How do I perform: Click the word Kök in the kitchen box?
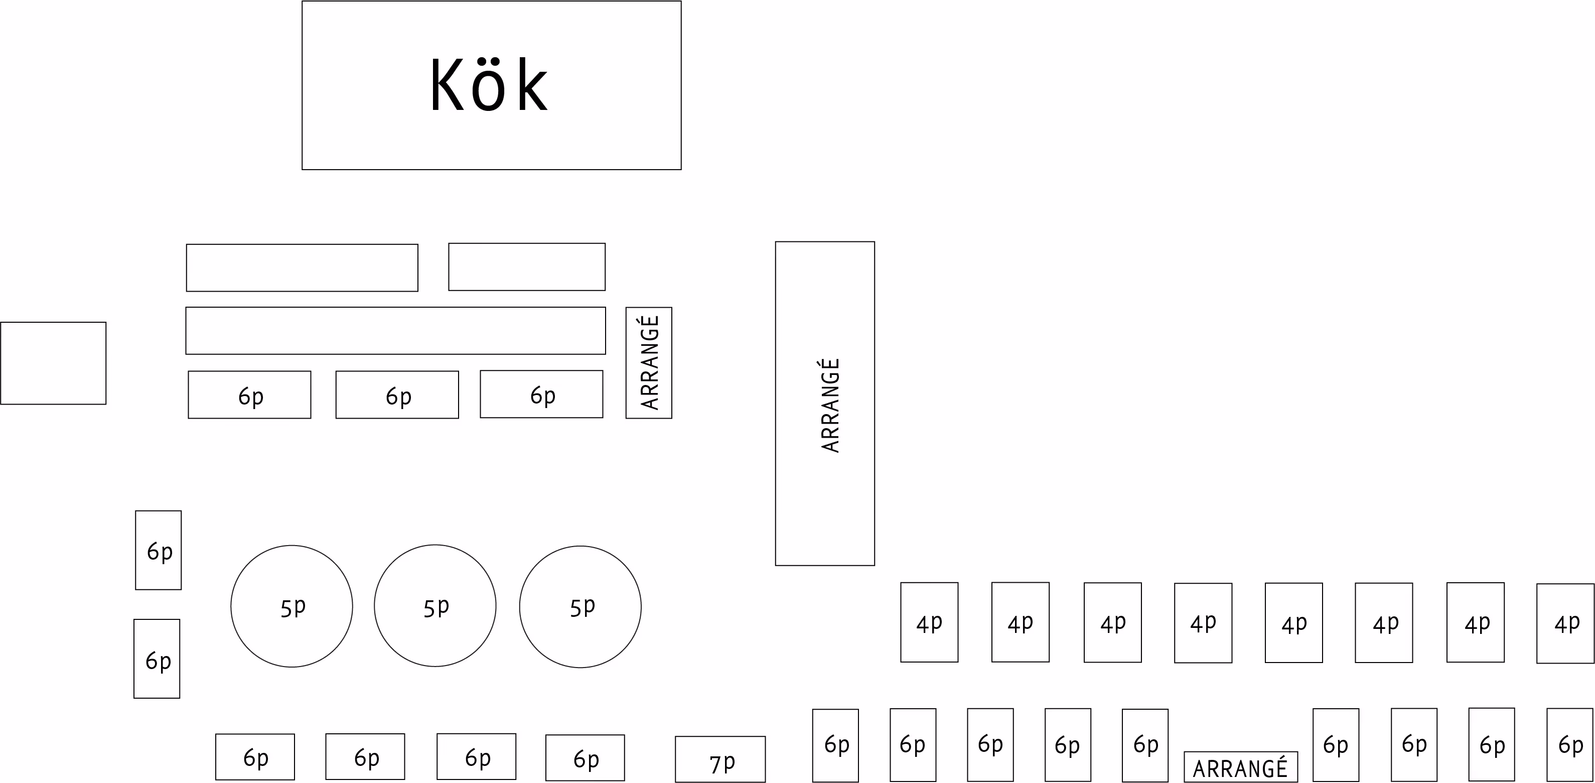489,85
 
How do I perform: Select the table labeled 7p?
720,759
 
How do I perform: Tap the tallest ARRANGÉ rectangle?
825,403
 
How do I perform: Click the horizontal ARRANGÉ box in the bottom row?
1240,767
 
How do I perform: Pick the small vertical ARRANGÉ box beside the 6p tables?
648,362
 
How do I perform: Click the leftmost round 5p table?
292,606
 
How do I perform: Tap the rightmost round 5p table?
580,607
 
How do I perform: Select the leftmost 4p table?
929,622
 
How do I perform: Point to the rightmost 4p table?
1565,623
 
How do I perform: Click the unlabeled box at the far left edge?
53,363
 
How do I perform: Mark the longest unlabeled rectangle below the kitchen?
396,331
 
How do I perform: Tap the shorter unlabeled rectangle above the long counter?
526,267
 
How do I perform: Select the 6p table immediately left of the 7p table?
585,757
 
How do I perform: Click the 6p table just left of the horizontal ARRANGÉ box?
1145,745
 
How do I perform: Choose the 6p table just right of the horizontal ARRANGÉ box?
1336,745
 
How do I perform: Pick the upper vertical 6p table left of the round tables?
159,550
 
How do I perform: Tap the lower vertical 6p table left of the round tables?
157,659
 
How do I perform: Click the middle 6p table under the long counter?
397,395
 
